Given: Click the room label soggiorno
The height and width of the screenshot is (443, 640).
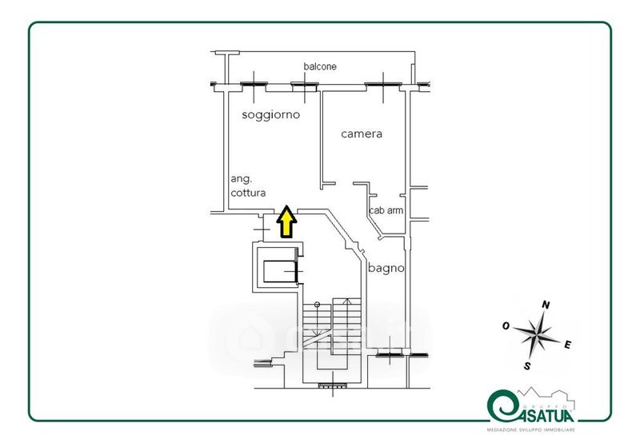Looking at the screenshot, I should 270,115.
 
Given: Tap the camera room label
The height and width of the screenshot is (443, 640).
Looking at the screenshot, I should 362,134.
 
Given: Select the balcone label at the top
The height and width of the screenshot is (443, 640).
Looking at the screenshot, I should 320,66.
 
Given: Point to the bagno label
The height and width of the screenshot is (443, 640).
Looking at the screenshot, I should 386,269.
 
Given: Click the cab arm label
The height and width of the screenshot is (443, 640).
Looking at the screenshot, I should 386,211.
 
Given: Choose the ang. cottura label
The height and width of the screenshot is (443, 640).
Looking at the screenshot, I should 247,186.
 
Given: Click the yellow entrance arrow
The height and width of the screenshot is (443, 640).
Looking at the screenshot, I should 285,223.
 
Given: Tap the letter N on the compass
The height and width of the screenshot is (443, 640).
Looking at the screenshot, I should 547,305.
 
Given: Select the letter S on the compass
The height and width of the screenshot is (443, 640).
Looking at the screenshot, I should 527,366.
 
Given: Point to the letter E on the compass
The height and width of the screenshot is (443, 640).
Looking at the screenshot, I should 567,345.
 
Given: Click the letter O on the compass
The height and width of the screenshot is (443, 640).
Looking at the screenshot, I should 506,325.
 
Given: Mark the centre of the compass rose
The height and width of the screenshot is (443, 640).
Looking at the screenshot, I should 538,335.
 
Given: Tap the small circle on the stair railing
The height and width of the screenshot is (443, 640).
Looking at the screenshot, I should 317,305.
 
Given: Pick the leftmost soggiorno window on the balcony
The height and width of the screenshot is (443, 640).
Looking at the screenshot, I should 254,83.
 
